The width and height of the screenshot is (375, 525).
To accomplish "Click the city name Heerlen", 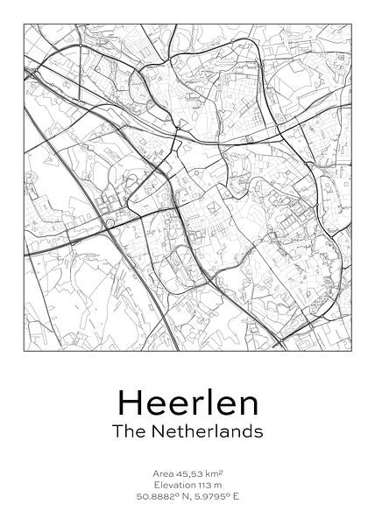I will pyautogui.click(x=187, y=402).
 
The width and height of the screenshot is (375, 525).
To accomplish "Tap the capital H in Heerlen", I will pyautogui.click(x=128, y=402).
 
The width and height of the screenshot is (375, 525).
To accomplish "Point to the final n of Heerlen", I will pyautogui.click(x=250, y=405).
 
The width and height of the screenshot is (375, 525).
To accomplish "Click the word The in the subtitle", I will pyautogui.click(x=128, y=431).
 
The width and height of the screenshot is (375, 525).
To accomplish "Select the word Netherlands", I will pyautogui.click(x=204, y=431).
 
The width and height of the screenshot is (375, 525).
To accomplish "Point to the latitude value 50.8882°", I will pyautogui.click(x=155, y=495).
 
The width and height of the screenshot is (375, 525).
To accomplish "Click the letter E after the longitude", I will pyautogui.click(x=236, y=495).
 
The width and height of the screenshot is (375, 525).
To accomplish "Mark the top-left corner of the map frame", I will pyautogui.click(x=25, y=24).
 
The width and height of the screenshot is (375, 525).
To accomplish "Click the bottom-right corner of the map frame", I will pyautogui.click(x=350, y=350).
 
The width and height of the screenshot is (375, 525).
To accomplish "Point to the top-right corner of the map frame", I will pyautogui.click(x=350, y=24).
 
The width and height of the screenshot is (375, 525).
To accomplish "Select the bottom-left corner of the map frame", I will pyautogui.click(x=25, y=350).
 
